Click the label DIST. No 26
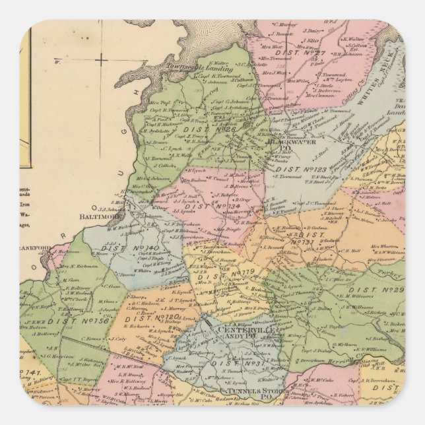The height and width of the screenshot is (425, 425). click(x=204, y=131)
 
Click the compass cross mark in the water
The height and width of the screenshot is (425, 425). click(x=100, y=60)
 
